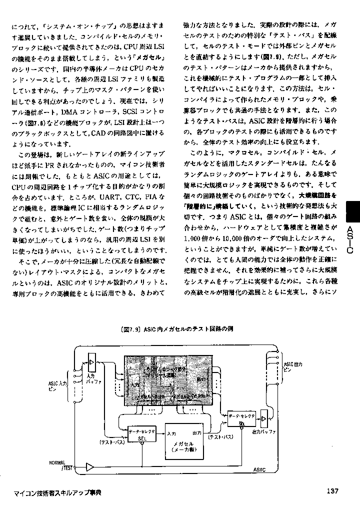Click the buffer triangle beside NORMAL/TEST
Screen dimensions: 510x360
click(89, 467)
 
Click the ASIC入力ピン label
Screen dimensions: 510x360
click(57, 385)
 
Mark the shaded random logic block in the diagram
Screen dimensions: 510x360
click(167, 380)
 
